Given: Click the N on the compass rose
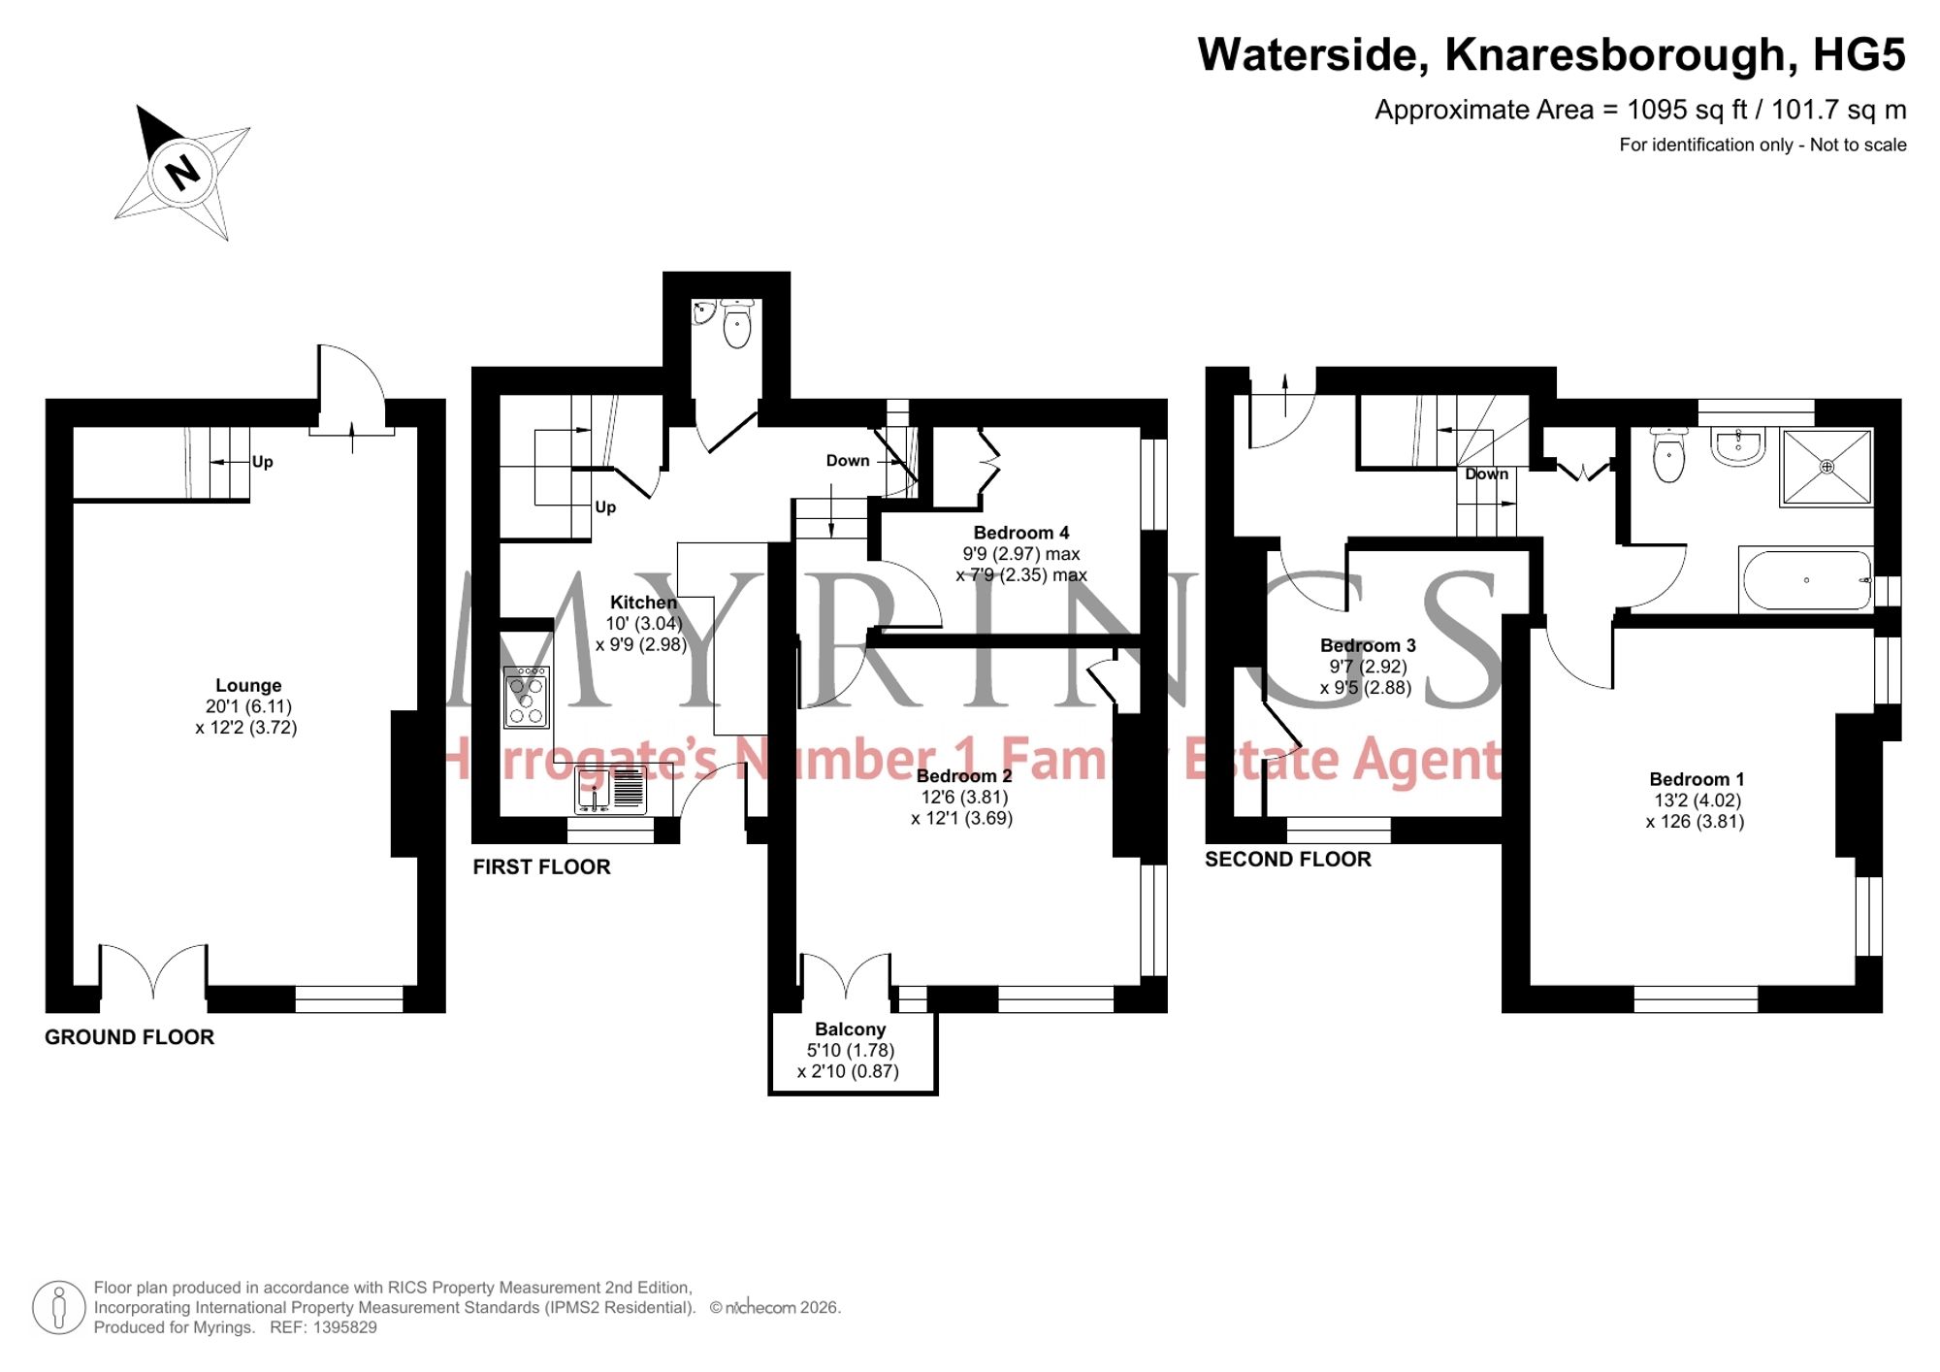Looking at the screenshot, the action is [x=181, y=173].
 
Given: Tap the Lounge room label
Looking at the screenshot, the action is [x=248, y=685].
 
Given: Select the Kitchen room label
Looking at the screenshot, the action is [x=643, y=603].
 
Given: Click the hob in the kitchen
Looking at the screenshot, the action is [x=527, y=697].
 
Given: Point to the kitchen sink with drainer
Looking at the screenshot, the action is [x=611, y=789].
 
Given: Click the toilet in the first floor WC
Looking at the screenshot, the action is [x=737, y=324].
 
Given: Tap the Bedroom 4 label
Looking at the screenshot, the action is [x=1021, y=533].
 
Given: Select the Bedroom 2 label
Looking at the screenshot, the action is [x=964, y=776].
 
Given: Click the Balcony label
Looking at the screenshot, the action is [x=850, y=1029].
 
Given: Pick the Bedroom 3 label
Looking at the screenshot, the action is [x=1368, y=645].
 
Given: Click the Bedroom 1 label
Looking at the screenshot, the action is [x=1697, y=779].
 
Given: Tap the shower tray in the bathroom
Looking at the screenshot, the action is [x=1827, y=468].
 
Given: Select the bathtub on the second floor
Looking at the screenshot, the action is [x=1806, y=580].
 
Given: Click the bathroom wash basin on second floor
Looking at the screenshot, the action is [x=1738, y=446].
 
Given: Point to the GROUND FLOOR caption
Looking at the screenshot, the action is [x=129, y=1037].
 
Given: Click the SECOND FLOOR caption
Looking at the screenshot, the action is [x=1287, y=860].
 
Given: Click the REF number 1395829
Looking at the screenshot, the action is [x=344, y=1327].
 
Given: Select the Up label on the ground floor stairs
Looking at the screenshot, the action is [x=262, y=462].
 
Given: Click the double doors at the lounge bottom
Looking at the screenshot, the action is [x=153, y=970].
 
